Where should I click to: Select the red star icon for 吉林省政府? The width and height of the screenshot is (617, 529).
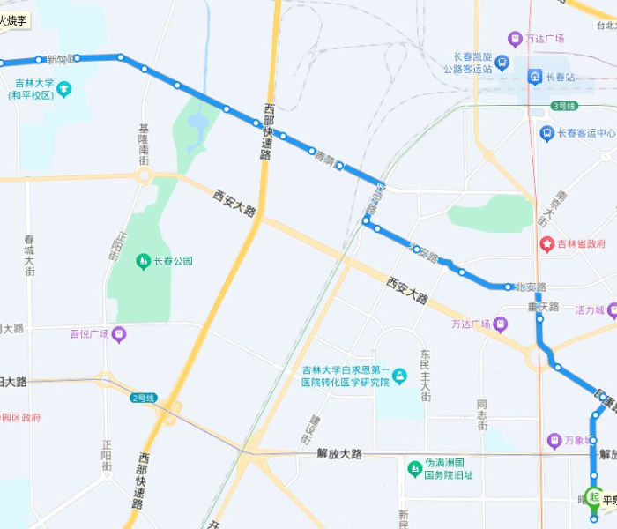(x=546, y=243)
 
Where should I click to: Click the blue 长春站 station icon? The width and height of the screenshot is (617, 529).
(x=535, y=77)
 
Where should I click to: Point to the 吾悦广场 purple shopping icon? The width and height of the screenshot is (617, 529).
(x=119, y=334)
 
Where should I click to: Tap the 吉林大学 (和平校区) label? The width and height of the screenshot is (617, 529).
(x=34, y=90)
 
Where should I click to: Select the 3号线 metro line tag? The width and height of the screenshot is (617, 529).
(x=563, y=106)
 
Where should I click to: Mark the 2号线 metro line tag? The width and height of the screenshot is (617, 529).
(x=143, y=398)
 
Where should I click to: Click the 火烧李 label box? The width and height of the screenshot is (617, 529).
(x=14, y=19)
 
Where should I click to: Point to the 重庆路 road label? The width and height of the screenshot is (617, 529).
(x=544, y=307)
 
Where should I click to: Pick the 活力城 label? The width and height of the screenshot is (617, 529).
(x=588, y=310)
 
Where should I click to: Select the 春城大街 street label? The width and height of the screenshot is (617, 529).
(x=29, y=255)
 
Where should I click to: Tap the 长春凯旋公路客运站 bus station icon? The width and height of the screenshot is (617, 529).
(x=502, y=63)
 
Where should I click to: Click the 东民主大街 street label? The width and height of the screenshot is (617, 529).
(x=425, y=373)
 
